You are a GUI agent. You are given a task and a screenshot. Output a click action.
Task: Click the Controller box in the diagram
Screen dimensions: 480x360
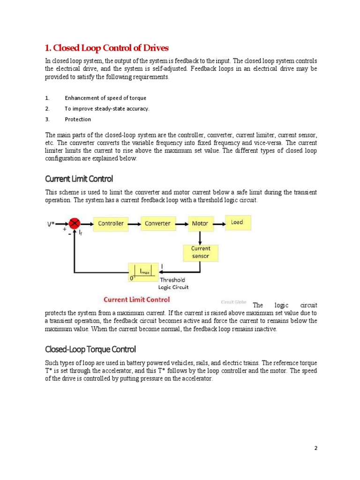click(x=111, y=224)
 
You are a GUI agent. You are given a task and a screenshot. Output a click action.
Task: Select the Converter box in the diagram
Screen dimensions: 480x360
click(x=157, y=224)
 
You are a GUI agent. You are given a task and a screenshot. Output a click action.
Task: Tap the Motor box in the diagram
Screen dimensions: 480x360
click(x=200, y=224)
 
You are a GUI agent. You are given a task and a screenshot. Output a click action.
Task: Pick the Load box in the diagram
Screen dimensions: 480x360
click(x=238, y=222)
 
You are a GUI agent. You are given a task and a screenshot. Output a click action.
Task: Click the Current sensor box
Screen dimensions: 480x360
click(x=201, y=252)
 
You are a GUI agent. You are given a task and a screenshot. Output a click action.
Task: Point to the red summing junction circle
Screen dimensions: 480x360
click(x=74, y=224)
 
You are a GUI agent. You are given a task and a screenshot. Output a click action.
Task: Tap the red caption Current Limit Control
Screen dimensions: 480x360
click(x=136, y=300)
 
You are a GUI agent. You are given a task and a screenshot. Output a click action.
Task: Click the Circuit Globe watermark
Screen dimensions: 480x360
click(x=233, y=302)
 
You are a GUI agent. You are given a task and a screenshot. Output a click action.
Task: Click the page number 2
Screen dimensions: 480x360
click(x=316, y=448)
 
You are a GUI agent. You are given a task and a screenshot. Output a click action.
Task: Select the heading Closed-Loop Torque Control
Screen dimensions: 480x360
click(x=90, y=349)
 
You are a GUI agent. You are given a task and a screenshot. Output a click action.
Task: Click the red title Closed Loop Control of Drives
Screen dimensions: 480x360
click(x=106, y=48)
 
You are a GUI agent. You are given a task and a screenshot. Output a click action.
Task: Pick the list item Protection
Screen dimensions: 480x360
click(x=78, y=120)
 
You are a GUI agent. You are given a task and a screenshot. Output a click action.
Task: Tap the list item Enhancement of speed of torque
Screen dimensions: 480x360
click(x=105, y=98)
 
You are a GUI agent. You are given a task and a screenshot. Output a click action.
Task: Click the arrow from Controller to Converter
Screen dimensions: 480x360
click(x=134, y=224)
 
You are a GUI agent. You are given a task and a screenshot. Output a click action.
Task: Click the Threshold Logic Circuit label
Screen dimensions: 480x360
click(x=173, y=284)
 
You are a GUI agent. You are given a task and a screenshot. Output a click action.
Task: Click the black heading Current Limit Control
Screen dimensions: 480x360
click(x=79, y=179)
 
